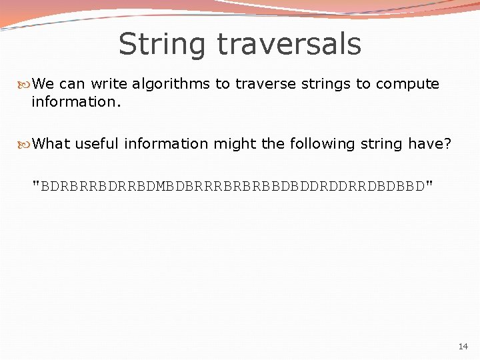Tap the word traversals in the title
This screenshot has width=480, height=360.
tap(289, 45)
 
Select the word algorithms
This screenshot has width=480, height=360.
tap(171, 84)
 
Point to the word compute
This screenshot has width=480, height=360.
tap(407, 84)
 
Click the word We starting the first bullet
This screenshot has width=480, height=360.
tap(43, 84)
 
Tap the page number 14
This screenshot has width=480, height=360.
tap(463, 347)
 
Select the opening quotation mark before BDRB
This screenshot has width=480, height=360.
tap(36, 183)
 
